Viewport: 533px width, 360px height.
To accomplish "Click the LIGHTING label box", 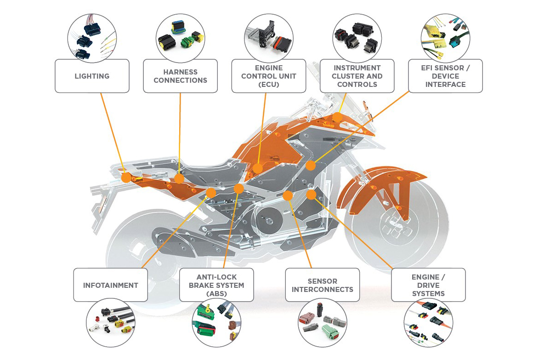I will [92, 76].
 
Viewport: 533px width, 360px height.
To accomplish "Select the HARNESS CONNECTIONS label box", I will [180, 76].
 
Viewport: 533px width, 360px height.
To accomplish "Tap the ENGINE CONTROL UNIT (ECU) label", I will [269, 76].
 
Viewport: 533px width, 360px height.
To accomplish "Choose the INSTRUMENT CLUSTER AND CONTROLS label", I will [357, 76].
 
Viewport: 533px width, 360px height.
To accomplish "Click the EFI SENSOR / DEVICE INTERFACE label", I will [445, 76].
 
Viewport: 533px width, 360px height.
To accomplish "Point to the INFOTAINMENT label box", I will [110, 285].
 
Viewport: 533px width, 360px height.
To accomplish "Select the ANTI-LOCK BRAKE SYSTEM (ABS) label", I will [216, 285].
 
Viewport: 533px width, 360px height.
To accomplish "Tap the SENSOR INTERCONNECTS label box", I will [322, 285].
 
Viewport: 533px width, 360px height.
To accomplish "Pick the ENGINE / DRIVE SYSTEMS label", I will [428, 285].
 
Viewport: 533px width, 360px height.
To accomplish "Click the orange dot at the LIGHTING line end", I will [125, 177].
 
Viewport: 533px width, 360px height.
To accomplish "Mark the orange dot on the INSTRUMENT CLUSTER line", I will [337, 117].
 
